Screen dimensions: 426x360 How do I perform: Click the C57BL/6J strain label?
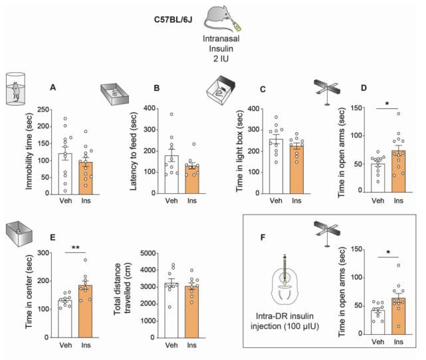click(173, 20)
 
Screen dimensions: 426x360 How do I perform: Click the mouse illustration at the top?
click(222, 19)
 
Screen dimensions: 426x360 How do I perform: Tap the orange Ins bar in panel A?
click(86, 178)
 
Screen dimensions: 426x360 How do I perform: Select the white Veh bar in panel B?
click(171, 175)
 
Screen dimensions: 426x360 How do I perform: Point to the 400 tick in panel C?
click(253, 109)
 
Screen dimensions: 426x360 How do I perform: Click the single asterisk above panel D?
click(387, 104)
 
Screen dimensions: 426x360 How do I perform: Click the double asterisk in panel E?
click(76, 248)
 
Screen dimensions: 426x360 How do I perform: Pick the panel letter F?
click(263, 238)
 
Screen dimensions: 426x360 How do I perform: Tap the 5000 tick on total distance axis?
click(148, 253)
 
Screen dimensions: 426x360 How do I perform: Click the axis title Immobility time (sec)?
click(29, 151)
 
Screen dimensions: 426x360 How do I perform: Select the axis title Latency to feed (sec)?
click(134, 151)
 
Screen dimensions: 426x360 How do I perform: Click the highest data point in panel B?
click(171, 114)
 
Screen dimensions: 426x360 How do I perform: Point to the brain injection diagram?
click(284, 280)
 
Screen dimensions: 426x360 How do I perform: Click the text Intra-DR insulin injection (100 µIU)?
click(284, 321)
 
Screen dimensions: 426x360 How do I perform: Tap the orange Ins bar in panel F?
click(399, 316)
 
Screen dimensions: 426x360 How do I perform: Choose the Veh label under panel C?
click(276, 201)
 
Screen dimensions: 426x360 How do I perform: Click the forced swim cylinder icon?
click(16, 88)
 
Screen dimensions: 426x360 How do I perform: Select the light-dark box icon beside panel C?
click(221, 90)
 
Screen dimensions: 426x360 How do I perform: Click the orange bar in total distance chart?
click(191, 312)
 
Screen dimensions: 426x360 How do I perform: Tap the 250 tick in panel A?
click(43, 110)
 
